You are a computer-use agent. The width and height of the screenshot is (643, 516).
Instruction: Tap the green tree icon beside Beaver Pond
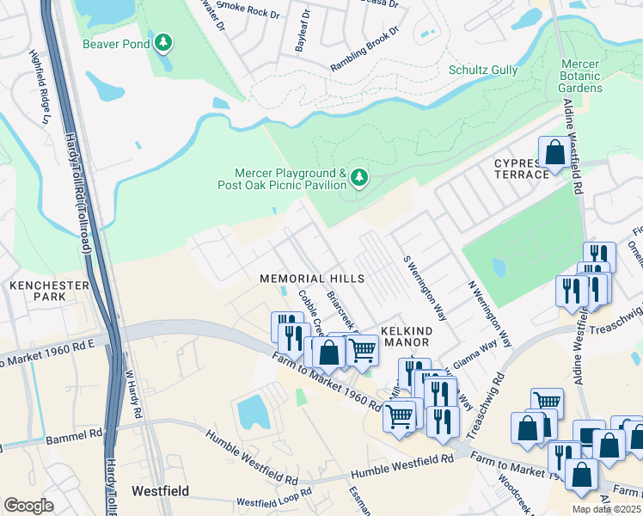click(162, 42)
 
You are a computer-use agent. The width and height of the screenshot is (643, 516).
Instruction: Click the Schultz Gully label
click(483, 70)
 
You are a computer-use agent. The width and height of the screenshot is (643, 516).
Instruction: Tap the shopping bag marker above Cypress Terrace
click(554, 153)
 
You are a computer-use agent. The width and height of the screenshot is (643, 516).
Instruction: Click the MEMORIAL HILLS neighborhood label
click(313, 279)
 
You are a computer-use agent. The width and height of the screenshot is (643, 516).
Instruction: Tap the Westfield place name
click(160, 491)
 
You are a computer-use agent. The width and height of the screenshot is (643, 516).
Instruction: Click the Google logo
click(28, 505)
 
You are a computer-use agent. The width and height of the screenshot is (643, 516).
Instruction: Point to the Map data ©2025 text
click(606, 509)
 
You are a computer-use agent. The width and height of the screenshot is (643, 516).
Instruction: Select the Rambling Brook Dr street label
click(366, 49)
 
